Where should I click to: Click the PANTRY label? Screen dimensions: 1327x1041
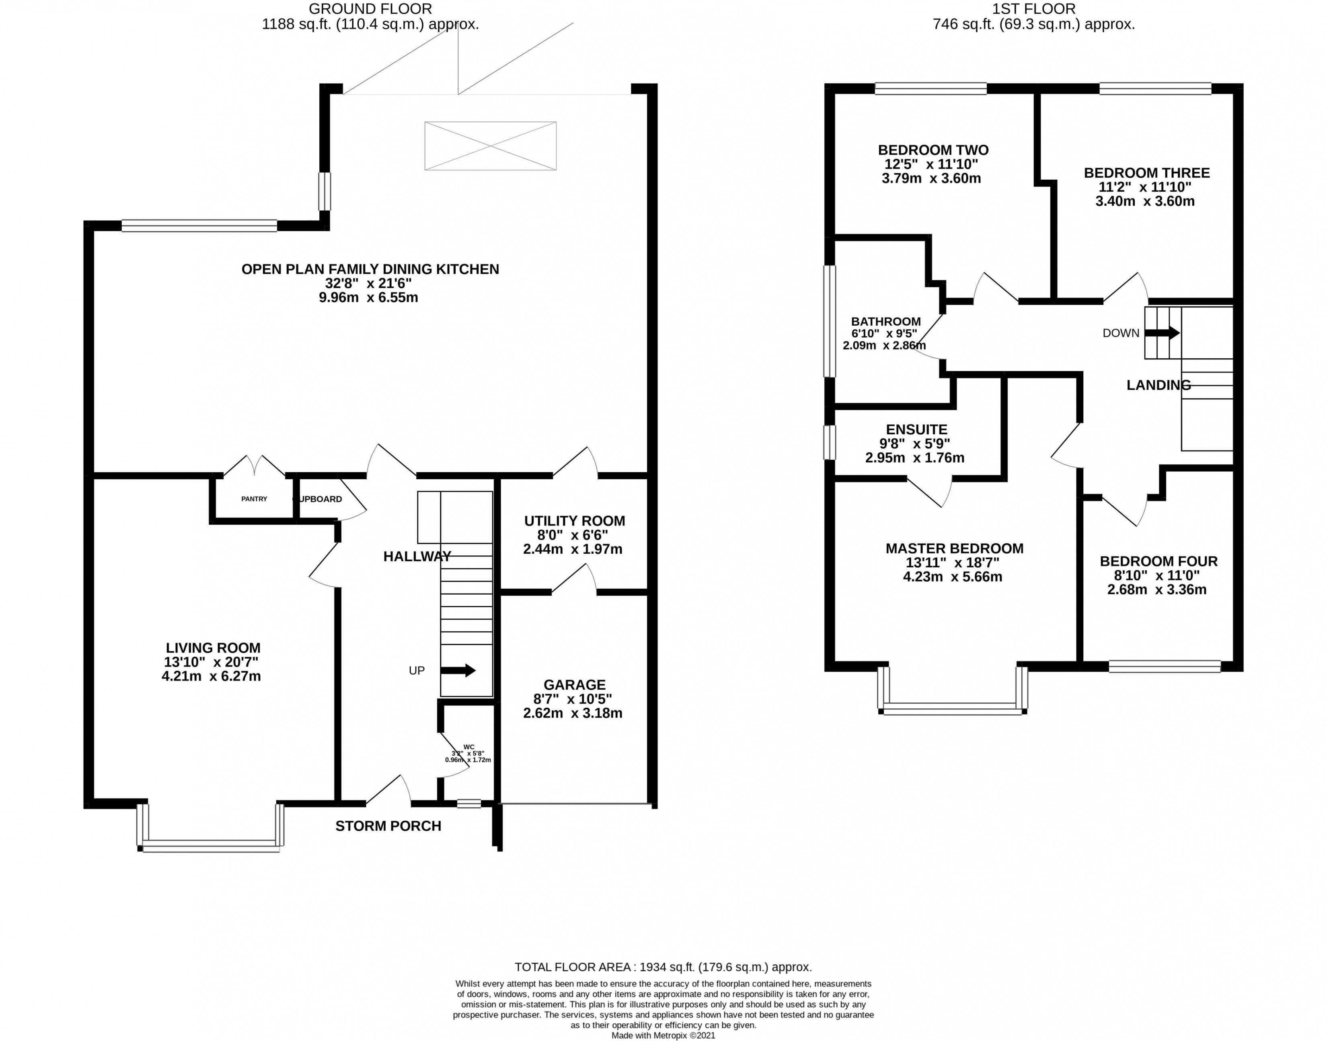pos(254,499)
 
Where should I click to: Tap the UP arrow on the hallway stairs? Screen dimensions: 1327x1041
pos(457,670)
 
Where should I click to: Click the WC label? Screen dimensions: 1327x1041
pos(468,747)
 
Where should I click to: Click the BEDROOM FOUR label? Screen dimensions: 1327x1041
pos(1158,561)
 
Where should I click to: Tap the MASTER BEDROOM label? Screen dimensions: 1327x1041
pos(954,548)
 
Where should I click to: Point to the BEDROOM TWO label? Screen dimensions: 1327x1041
pos(933,150)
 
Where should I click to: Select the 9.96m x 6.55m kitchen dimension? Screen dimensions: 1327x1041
pos(368,298)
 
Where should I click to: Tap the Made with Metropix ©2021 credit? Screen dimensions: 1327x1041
pos(663,1035)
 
